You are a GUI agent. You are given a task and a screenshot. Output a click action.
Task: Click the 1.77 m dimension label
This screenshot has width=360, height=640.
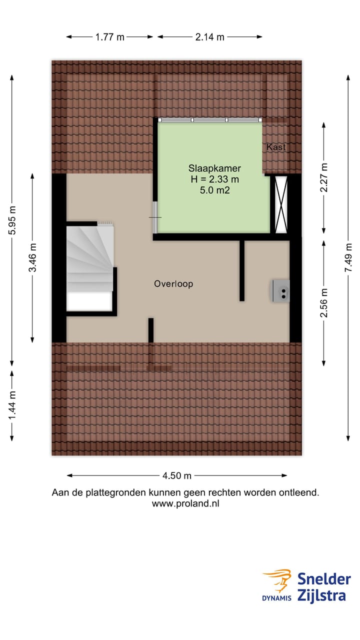click(109, 36)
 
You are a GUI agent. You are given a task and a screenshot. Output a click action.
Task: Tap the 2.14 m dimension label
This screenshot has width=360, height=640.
click(209, 36)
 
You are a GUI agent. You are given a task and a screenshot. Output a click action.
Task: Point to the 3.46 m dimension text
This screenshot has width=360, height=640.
click(33, 257)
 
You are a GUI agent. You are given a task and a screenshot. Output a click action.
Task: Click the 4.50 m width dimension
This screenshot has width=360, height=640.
click(177, 475)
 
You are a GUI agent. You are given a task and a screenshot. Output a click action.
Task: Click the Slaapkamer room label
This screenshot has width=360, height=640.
click(207, 168)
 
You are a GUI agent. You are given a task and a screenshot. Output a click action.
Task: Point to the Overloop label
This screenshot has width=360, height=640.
click(173, 284)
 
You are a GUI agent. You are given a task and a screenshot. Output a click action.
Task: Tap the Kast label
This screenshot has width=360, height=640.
click(276, 147)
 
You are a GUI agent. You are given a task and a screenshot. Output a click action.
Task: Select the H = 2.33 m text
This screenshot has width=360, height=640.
click(207, 179)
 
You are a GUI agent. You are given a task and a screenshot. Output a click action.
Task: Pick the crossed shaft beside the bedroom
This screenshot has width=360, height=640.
click(280, 204)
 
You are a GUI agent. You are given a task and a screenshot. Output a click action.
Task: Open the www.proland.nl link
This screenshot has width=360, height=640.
click(185, 503)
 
